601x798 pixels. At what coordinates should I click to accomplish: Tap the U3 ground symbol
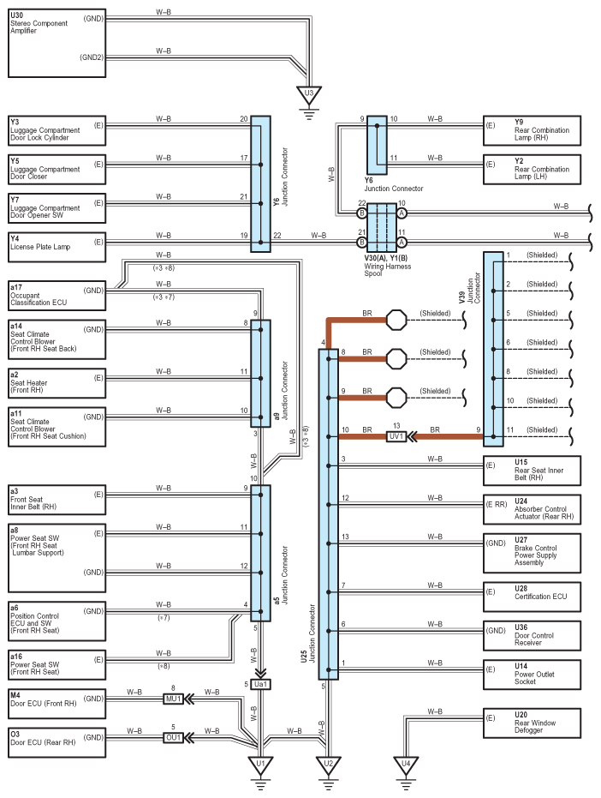coord(309,101)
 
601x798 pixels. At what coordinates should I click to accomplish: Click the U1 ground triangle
coord(260,765)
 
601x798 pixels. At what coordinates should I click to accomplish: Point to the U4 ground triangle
coord(406,765)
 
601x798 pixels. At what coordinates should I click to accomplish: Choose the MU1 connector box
coord(173,699)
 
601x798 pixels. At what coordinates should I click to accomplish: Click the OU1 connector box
coord(173,737)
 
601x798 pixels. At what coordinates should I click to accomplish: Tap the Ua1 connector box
coord(260,684)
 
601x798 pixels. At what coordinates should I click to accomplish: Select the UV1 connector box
coord(396,436)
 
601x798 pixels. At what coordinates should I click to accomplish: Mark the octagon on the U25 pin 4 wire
coord(396,320)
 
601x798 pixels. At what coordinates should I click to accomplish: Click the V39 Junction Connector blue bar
coord(493,349)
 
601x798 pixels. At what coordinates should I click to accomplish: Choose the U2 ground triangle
coord(329,765)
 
